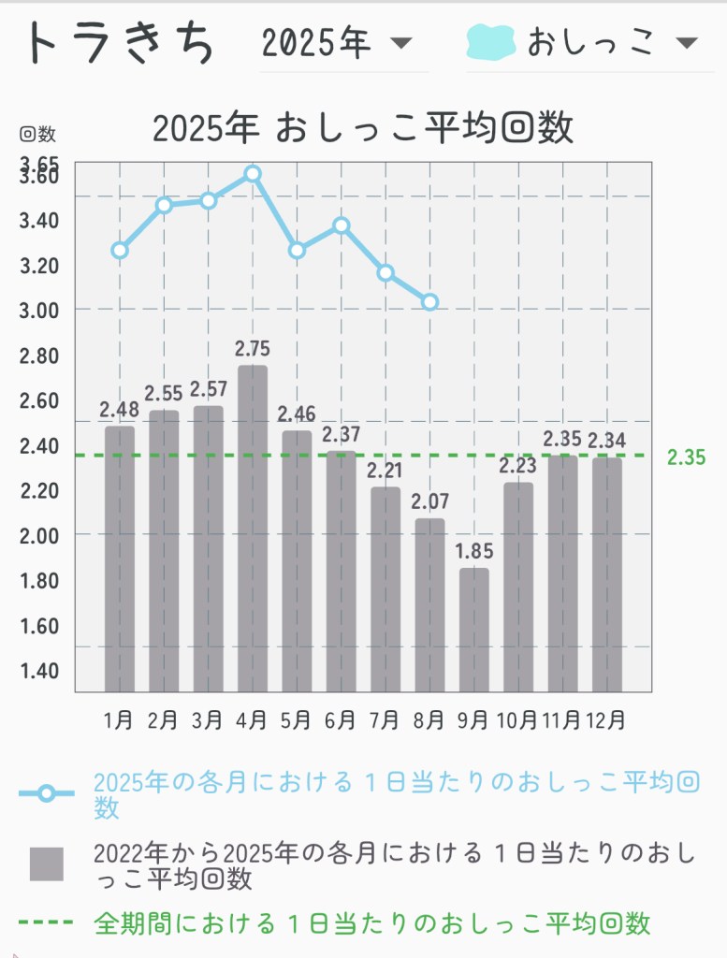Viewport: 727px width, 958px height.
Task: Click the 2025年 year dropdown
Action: (x=337, y=43)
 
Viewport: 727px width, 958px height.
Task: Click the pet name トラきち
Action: (x=120, y=43)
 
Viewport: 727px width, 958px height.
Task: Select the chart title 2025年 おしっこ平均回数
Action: (x=363, y=128)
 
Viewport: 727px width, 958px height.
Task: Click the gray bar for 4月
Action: (x=253, y=529)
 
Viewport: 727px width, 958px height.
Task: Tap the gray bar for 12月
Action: (x=607, y=574)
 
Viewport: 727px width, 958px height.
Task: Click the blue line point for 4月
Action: (x=253, y=174)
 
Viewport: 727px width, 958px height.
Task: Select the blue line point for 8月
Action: (x=430, y=302)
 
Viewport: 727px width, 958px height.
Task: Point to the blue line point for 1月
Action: (x=120, y=250)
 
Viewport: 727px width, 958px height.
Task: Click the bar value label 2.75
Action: (x=253, y=349)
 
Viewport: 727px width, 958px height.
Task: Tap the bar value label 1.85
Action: (x=474, y=551)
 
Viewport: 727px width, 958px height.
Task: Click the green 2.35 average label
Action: (x=687, y=457)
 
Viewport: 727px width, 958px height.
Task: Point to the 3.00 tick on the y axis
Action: (x=39, y=311)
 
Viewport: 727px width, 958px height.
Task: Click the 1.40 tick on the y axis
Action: (x=39, y=671)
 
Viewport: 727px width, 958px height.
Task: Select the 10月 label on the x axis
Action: (x=517, y=720)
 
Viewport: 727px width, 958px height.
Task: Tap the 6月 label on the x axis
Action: (x=341, y=720)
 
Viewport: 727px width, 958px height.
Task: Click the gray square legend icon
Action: (x=46, y=864)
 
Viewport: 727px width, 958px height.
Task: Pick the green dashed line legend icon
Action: (x=46, y=922)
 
